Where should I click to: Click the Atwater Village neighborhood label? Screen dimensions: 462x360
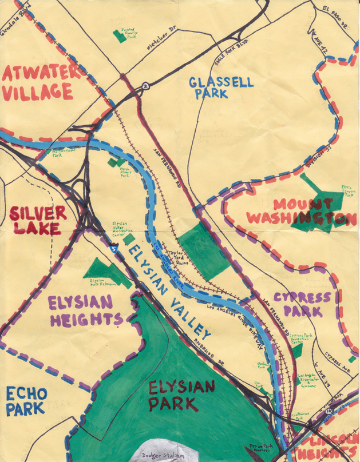pos(38,82)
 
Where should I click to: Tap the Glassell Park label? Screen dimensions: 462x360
pos(221,87)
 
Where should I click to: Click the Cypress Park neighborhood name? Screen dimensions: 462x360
pos(302,304)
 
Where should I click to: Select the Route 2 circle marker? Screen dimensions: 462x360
pos(145,86)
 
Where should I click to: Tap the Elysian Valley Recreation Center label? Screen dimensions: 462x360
pos(120,229)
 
